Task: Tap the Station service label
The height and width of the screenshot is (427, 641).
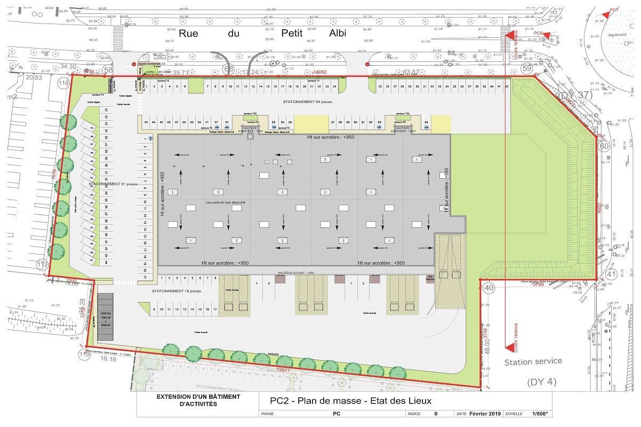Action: tap(533, 361)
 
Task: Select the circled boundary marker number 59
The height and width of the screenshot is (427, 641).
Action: tap(527, 68)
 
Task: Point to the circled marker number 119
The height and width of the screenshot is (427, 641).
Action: tap(84, 354)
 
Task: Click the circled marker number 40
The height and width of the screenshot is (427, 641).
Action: tap(488, 287)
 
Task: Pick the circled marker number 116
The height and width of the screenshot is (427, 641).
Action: tap(64, 83)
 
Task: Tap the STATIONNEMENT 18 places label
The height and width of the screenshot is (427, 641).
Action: tap(176, 291)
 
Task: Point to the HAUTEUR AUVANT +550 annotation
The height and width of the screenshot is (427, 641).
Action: tap(295, 273)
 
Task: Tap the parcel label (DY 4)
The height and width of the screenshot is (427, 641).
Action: tap(541, 382)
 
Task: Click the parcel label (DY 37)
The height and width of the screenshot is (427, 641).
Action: tap(570, 95)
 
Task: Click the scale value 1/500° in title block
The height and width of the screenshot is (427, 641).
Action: tap(539, 414)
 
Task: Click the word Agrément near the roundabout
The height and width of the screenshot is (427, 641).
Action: tap(617, 35)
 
